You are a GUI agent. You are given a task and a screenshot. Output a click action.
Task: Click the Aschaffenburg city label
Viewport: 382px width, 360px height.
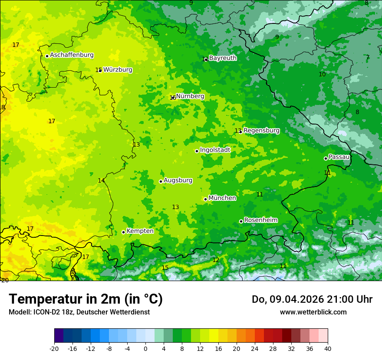coord(72,55)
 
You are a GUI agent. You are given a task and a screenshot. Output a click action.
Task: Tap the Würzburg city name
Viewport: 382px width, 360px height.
coord(118,70)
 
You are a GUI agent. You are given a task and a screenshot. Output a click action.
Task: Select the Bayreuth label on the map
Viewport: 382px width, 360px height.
coord(223,58)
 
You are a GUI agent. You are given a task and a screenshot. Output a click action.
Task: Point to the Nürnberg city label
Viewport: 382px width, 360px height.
coord(190,96)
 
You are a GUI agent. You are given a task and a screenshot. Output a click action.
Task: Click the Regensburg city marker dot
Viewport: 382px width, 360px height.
coord(240,131)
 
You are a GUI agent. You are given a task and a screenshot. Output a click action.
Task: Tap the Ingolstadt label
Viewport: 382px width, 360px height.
coord(215,150)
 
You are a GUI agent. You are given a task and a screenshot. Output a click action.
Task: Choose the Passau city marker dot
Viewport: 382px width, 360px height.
coord(326,158)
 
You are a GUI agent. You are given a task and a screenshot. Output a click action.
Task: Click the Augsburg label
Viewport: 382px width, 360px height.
coord(178,180)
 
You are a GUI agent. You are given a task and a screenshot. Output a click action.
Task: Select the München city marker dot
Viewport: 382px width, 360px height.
coord(205,199)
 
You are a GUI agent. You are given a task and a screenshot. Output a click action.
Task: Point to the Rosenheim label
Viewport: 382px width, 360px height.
coord(260,220)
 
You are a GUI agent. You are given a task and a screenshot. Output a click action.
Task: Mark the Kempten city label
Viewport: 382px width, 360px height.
coord(140,231)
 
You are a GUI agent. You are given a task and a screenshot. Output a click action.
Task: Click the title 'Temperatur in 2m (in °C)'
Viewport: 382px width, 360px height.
coord(86,299)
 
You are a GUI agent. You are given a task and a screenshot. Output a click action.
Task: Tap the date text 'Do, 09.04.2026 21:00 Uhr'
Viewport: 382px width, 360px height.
coord(312,299)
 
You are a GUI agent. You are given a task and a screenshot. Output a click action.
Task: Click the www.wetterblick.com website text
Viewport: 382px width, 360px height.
coord(313,312)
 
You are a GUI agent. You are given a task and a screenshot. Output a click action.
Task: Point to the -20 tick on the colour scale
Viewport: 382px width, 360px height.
coord(54,348)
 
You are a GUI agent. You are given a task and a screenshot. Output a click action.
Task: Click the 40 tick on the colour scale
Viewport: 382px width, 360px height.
coord(327,348)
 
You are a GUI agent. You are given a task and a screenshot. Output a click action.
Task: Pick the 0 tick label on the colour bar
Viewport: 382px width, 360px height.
coord(145,348)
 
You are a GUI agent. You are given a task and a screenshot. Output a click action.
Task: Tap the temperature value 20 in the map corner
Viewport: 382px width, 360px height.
coord(5,280)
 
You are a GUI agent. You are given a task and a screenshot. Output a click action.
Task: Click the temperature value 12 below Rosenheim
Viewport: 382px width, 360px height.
coord(216,260)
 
